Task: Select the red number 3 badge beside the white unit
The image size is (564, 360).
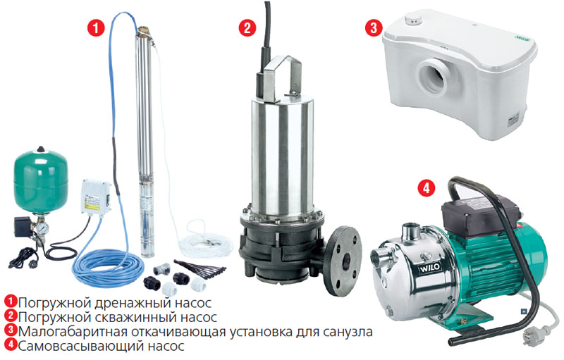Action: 373,29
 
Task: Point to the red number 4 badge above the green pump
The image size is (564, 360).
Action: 426,188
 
